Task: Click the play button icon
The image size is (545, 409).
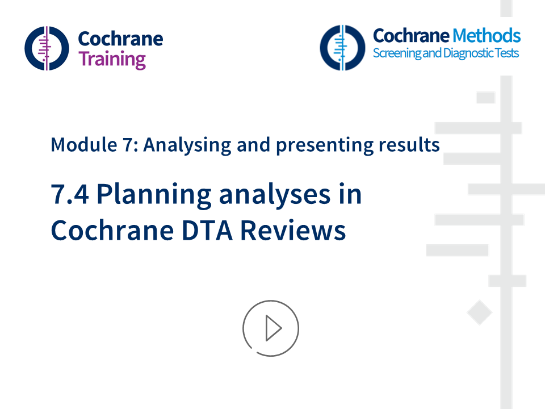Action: click(271, 328)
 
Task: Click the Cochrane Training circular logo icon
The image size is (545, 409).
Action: click(47, 48)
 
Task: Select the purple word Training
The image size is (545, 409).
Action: click(112, 59)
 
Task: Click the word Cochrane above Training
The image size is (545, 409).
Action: click(120, 39)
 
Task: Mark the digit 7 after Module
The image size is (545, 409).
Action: click(127, 145)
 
